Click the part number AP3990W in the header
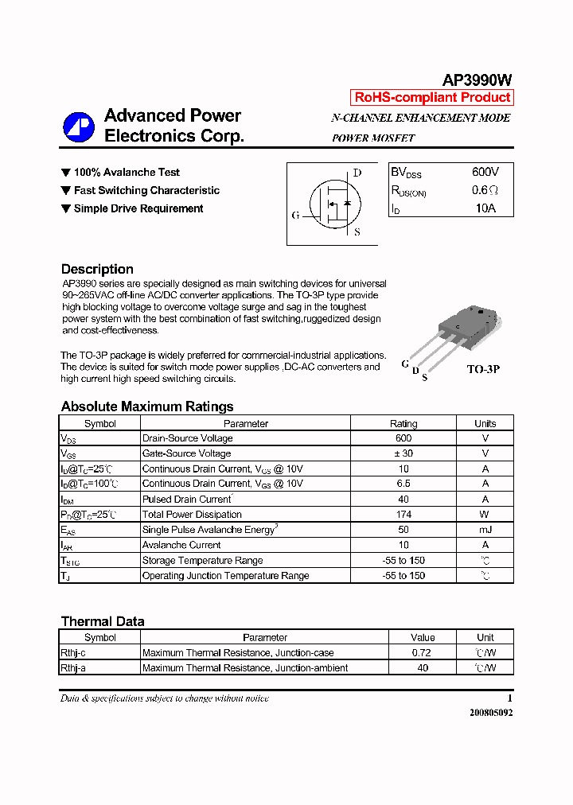click(x=477, y=80)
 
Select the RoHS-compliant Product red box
click(x=432, y=98)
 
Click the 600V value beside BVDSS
click(x=485, y=172)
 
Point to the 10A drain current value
click(x=485, y=208)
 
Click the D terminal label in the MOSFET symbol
click(x=357, y=173)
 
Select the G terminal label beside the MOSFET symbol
click(x=296, y=216)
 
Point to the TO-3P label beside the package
click(x=482, y=370)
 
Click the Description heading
click(x=97, y=269)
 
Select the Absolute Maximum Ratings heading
click(x=147, y=406)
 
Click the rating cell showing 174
click(x=403, y=515)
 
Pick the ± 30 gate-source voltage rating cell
click(x=403, y=453)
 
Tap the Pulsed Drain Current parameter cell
click(x=187, y=500)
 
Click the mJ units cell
click(x=485, y=530)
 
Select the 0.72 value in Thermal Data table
click(x=423, y=653)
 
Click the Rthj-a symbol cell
click(x=73, y=668)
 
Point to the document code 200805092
click(x=491, y=713)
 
